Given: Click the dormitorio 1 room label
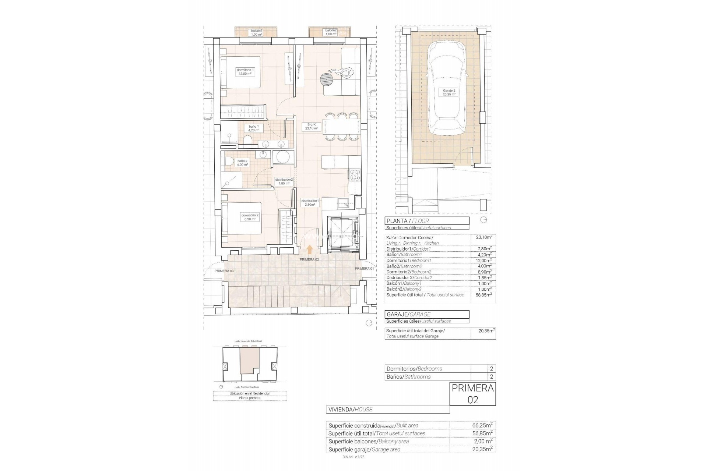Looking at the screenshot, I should pyautogui.click(x=246, y=72).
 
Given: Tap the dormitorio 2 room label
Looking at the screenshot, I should pyautogui.click(x=250, y=217).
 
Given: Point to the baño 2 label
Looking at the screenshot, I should pyautogui.click(x=242, y=163).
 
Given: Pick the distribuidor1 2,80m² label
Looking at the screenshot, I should pyautogui.click(x=310, y=202).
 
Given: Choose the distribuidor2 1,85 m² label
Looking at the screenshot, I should pyautogui.click(x=284, y=181).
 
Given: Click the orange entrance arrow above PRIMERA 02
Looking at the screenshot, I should pyautogui.click(x=310, y=250).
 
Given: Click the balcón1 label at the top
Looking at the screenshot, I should pyautogui.click(x=256, y=32).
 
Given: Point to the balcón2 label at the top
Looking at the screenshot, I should pyautogui.click(x=331, y=32).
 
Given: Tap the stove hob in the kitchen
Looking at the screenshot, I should pyautogui.click(x=355, y=175).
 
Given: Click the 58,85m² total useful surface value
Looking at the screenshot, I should pyautogui.click(x=483, y=295).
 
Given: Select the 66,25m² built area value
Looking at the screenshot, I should pyautogui.click(x=482, y=425).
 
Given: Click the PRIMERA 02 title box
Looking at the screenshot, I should pyautogui.click(x=473, y=394).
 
